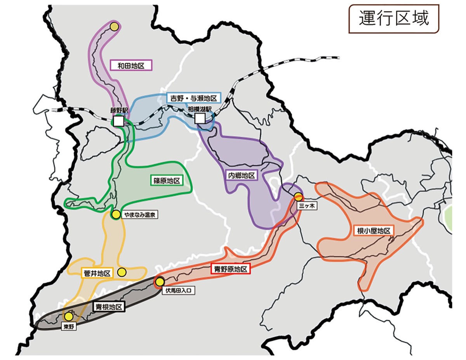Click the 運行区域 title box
pyautogui.click(x=394, y=18)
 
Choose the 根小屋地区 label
pyautogui.click(x=373, y=231)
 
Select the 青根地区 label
pyautogui.click(x=109, y=307)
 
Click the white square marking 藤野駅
pyautogui.click(x=119, y=121)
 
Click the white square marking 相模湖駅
pyautogui.click(x=200, y=118)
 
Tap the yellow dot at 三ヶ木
pyautogui.click(x=298, y=196)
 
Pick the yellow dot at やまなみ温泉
pyautogui.click(x=116, y=214)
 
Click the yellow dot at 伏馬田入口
pyautogui.click(x=160, y=282)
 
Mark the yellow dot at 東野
pyautogui.click(x=69, y=316)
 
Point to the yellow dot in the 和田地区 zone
pyautogui.click(x=114, y=26)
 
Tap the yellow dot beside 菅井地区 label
pyautogui.click(x=122, y=272)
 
